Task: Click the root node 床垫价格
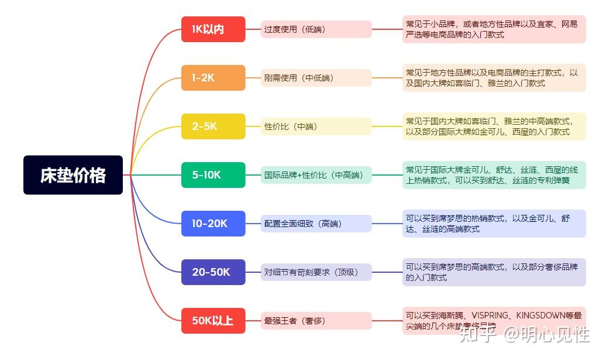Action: [73, 175]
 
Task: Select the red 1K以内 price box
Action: [213, 29]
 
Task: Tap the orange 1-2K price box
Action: [213, 78]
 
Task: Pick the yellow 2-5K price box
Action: [213, 126]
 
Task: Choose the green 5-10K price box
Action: [213, 175]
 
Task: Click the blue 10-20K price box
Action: [213, 224]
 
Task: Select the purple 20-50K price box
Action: [213, 272]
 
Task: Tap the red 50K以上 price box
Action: [213, 321]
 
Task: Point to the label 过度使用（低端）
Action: [316, 29]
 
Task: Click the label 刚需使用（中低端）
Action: [316, 78]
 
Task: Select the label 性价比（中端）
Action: [316, 126]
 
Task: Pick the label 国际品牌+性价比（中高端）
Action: [316, 175]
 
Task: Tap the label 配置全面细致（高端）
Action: [316, 224]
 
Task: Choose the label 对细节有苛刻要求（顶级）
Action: [316, 272]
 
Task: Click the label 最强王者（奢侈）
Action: [316, 321]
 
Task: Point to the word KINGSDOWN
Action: [538, 316]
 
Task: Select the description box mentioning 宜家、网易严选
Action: [494, 29]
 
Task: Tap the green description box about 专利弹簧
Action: [494, 175]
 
